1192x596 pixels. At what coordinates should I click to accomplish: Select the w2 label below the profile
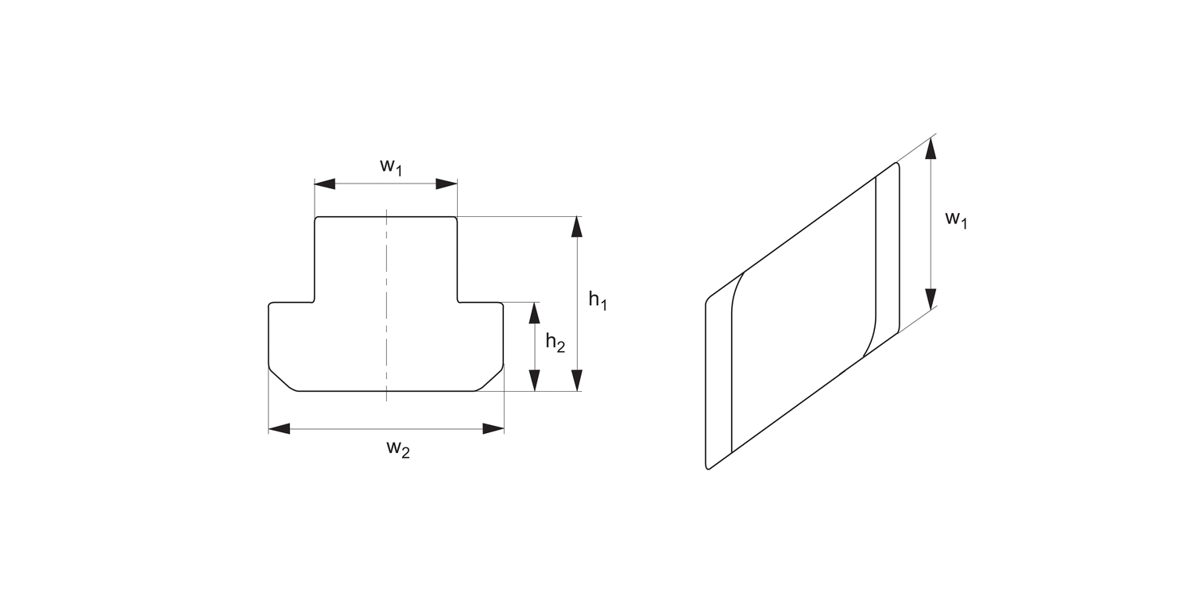(x=398, y=449)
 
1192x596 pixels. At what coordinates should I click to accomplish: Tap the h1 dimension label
(x=597, y=300)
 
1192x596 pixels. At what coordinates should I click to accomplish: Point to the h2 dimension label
(x=555, y=343)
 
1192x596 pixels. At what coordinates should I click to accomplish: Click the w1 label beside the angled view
(x=956, y=219)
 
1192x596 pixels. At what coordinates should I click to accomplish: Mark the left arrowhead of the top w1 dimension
(x=324, y=184)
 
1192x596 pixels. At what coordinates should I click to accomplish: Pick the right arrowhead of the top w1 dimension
(x=447, y=184)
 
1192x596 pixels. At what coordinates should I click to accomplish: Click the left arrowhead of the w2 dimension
(x=278, y=429)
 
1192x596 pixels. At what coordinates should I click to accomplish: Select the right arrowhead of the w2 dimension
(x=493, y=429)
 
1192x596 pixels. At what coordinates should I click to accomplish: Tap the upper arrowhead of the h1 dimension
(x=577, y=226)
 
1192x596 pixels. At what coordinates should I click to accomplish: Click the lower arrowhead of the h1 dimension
(x=577, y=381)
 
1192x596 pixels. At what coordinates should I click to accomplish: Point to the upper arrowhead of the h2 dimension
(x=535, y=312)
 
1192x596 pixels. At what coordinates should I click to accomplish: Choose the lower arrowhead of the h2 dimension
(x=535, y=381)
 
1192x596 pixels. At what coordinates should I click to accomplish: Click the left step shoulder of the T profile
(x=292, y=303)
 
